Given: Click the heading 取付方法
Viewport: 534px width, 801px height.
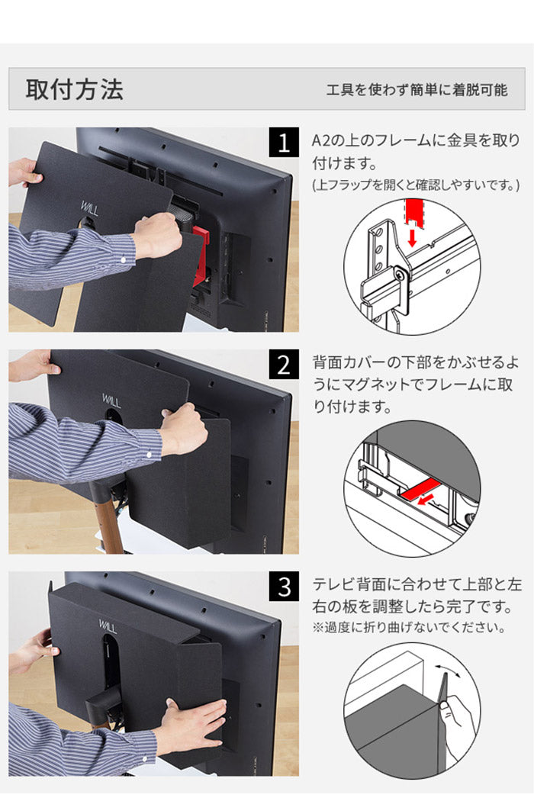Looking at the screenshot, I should click(x=74, y=89).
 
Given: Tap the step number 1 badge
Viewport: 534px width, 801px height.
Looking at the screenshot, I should click(x=284, y=143).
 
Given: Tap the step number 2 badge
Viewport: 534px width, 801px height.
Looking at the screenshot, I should click(x=284, y=365).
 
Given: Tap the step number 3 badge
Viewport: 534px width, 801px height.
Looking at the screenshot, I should click(x=284, y=587).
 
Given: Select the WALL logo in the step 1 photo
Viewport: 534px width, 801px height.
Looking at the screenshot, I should click(x=89, y=207).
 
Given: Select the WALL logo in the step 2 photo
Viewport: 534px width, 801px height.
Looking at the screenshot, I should click(x=111, y=399).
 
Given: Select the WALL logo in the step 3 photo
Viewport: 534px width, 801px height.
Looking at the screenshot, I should click(x=108, y=623).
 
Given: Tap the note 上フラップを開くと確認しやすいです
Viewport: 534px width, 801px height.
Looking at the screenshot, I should click(x=416, y=185).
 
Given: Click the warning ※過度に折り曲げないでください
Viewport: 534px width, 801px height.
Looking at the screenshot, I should click(x=409, y=629).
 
